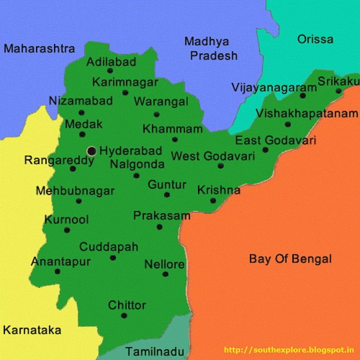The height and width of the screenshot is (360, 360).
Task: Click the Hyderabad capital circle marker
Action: (92, 151)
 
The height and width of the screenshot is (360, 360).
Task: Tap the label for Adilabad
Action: (111, 61)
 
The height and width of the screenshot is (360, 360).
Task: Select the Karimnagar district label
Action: (125, 83)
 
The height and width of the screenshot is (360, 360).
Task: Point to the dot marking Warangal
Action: (157, 114)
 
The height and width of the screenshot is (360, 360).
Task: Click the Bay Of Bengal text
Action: (290, 259)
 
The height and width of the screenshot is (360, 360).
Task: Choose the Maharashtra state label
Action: (39, 48)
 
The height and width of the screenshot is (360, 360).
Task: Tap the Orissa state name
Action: (315, 39)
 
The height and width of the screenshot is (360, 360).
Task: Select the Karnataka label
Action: (32, 330)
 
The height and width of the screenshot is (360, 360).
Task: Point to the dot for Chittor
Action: (124, 316)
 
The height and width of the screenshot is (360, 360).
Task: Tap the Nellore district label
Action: (164, 264)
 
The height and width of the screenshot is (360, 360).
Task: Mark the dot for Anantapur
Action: (57, 271)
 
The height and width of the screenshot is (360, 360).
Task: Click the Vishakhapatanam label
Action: (307, 114)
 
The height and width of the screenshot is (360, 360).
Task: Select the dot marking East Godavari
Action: (265, 150)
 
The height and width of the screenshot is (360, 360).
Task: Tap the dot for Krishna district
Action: (213, 201)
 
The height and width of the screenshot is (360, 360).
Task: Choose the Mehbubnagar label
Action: (75, 191)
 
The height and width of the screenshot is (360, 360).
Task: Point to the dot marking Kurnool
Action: (67, 229)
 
